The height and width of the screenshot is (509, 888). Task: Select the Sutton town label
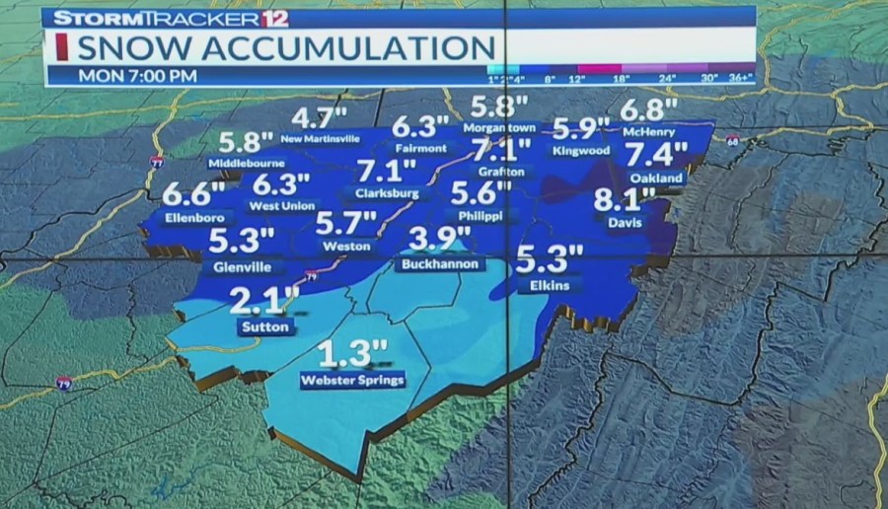point(265,327)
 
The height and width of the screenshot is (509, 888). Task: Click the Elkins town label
point(550,285)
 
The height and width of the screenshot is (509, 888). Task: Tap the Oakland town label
point(656,178)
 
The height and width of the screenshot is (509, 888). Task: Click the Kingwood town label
point(580,152)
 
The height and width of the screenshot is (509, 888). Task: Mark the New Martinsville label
point(321,139)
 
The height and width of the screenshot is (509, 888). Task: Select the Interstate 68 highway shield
point(733,142)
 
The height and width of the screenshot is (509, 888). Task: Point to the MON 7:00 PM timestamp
point(137,75)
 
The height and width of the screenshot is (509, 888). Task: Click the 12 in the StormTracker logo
point(276,17)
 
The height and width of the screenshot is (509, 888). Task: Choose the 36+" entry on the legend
point(741,77)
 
